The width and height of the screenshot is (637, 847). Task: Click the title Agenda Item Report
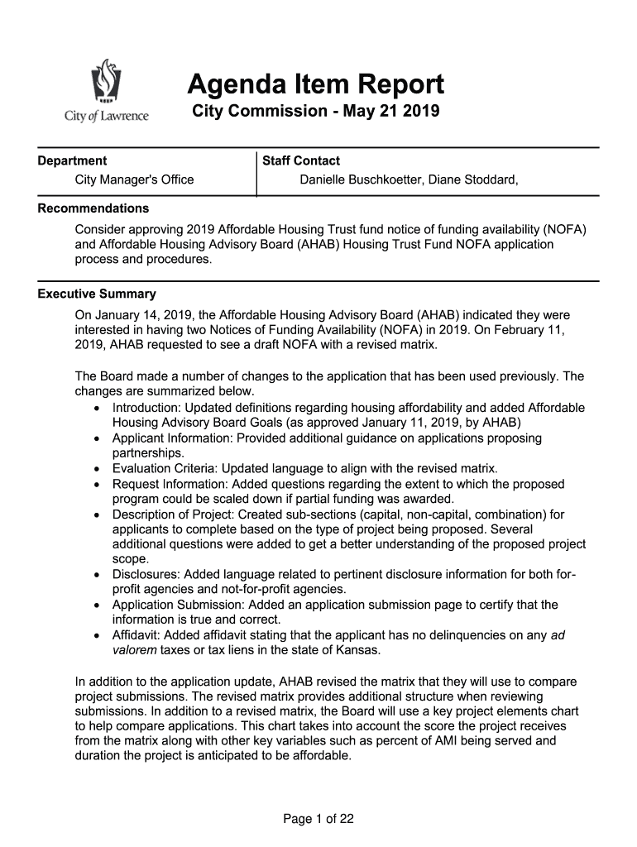[x=315, y=84]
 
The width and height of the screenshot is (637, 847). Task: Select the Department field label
[x=72, y=160]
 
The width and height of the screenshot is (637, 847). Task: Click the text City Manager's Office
[x=134, y=179]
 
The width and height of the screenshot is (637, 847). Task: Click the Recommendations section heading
[x=93, y=208]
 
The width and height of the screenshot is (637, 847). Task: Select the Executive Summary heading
[x=97, y=294]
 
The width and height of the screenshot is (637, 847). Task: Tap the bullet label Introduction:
[x=146, y=408]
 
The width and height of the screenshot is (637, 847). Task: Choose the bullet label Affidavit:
[x=139, y=635]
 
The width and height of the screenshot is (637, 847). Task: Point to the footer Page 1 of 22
[x=318, y=819]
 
